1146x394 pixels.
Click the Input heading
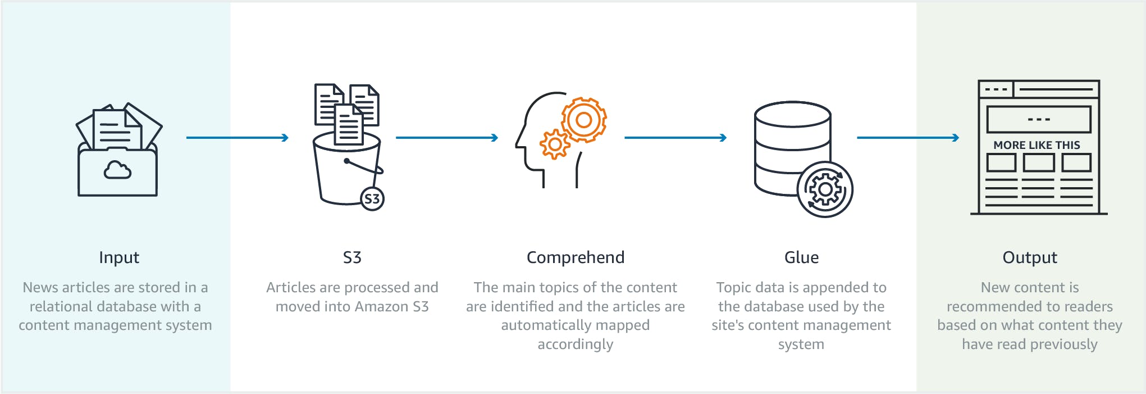click(x=119, y=257)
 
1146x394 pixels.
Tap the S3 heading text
click(x=352, y=257)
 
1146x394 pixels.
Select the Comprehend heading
click(x=575, y=257)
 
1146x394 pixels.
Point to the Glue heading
click(x=801, y=257)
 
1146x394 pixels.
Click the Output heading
click(x=1030, y=257)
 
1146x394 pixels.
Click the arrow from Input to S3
click(x=237, y=138)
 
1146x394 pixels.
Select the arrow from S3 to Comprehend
click(x=446, y=138)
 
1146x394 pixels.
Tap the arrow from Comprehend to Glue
click(x=675, y=138)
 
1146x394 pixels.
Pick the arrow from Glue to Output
click(x=907, y=138)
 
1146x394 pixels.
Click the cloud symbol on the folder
click(x=117, y=169)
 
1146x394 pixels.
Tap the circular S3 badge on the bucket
click(x=372, y=198)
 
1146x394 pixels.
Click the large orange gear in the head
click(x=584, y=120)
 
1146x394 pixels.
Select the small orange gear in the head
click(x=555, y=144)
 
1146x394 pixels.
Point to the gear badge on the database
click(x=825, y=190)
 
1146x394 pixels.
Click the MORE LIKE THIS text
click(x=1037, y=145)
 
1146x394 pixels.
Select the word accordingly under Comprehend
click(x=575, y=345)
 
